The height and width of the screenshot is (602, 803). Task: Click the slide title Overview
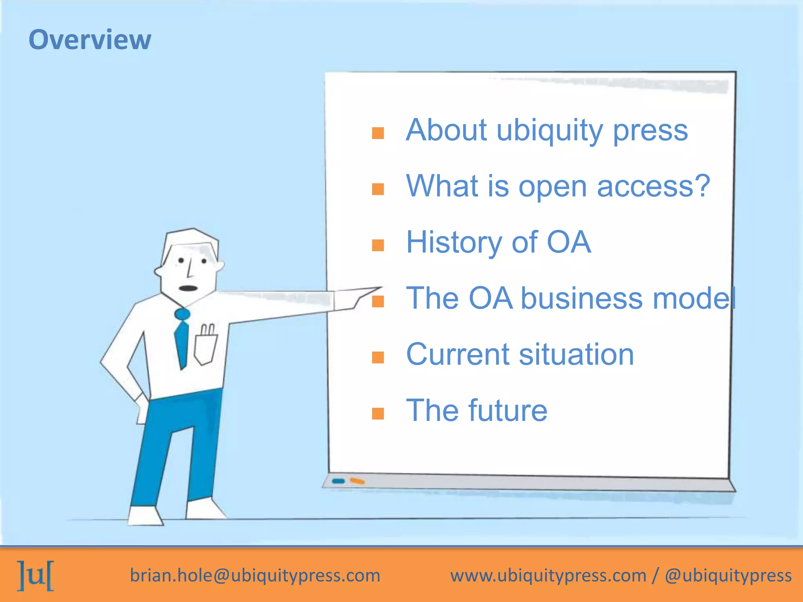(x=90, y=40)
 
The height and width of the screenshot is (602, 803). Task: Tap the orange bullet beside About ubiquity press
(x=378, y=133)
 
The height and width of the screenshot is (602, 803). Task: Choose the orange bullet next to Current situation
(x=378, y=357)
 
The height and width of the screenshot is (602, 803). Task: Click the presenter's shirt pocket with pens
(x=205, y=345)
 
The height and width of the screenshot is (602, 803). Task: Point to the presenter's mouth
(x=188, y=288)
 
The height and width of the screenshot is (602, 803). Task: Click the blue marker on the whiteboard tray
(x=338, y=481)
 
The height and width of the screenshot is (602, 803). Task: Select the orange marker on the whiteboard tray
(x=357, y=481)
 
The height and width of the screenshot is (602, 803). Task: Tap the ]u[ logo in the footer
(x=36, y=575)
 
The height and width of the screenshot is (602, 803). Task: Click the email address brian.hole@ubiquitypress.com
(x=255, y=575)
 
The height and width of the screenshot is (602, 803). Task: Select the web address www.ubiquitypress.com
(x=548, y=575)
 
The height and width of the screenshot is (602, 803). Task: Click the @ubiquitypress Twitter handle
(x=728, y=575)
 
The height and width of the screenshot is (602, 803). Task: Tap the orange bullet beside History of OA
(x=378, y=245)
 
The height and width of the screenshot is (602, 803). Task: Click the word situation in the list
(x=576, y=354)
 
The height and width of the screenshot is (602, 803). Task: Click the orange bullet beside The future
(x=378, y=413)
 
